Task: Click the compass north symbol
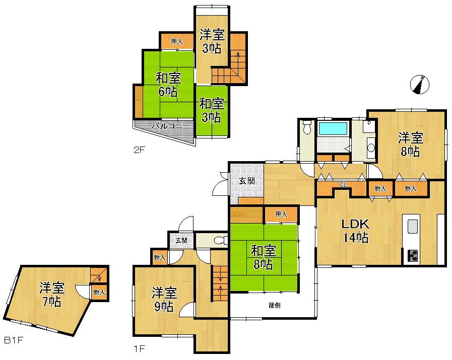coord(420,85)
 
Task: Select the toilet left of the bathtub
coord(307,130)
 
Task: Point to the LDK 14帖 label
coord(356,231)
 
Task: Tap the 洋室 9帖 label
coord(164,299)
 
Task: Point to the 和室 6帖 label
coord(168,85)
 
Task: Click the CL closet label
coord(342,185)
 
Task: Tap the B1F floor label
coord(14,340)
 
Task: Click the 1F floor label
coord(140,347)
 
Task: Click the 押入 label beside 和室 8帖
coord(281,214)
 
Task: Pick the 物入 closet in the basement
coord(99,292)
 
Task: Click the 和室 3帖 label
coord(211,110)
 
